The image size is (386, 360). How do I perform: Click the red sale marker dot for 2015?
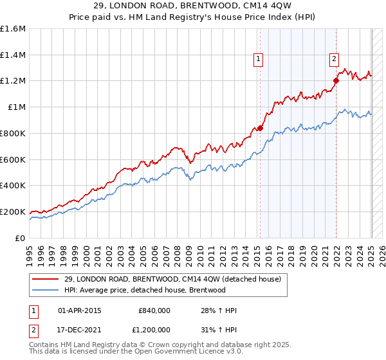click(x=261, y=128)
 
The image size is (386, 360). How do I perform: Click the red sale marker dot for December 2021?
click(x=336, y=80)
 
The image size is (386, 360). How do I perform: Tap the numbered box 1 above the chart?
click(x=258, y=59)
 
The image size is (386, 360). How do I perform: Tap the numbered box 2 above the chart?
click(x=335, y=59)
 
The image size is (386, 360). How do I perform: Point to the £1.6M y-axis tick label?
click(x=13, y=29)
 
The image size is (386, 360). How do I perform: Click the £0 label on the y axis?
click(x=21, y=238)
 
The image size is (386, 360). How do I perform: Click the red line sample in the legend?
click(x=46, y=280)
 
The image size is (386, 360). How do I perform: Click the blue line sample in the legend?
click(x=46, y=290)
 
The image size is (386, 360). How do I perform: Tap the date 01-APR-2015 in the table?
click(x=80, y=310)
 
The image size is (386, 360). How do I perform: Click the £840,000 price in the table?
click(x=154, y=310)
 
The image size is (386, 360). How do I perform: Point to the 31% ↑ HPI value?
click(x=219, y=329)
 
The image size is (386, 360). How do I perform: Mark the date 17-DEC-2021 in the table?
click(x=80, y=329)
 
